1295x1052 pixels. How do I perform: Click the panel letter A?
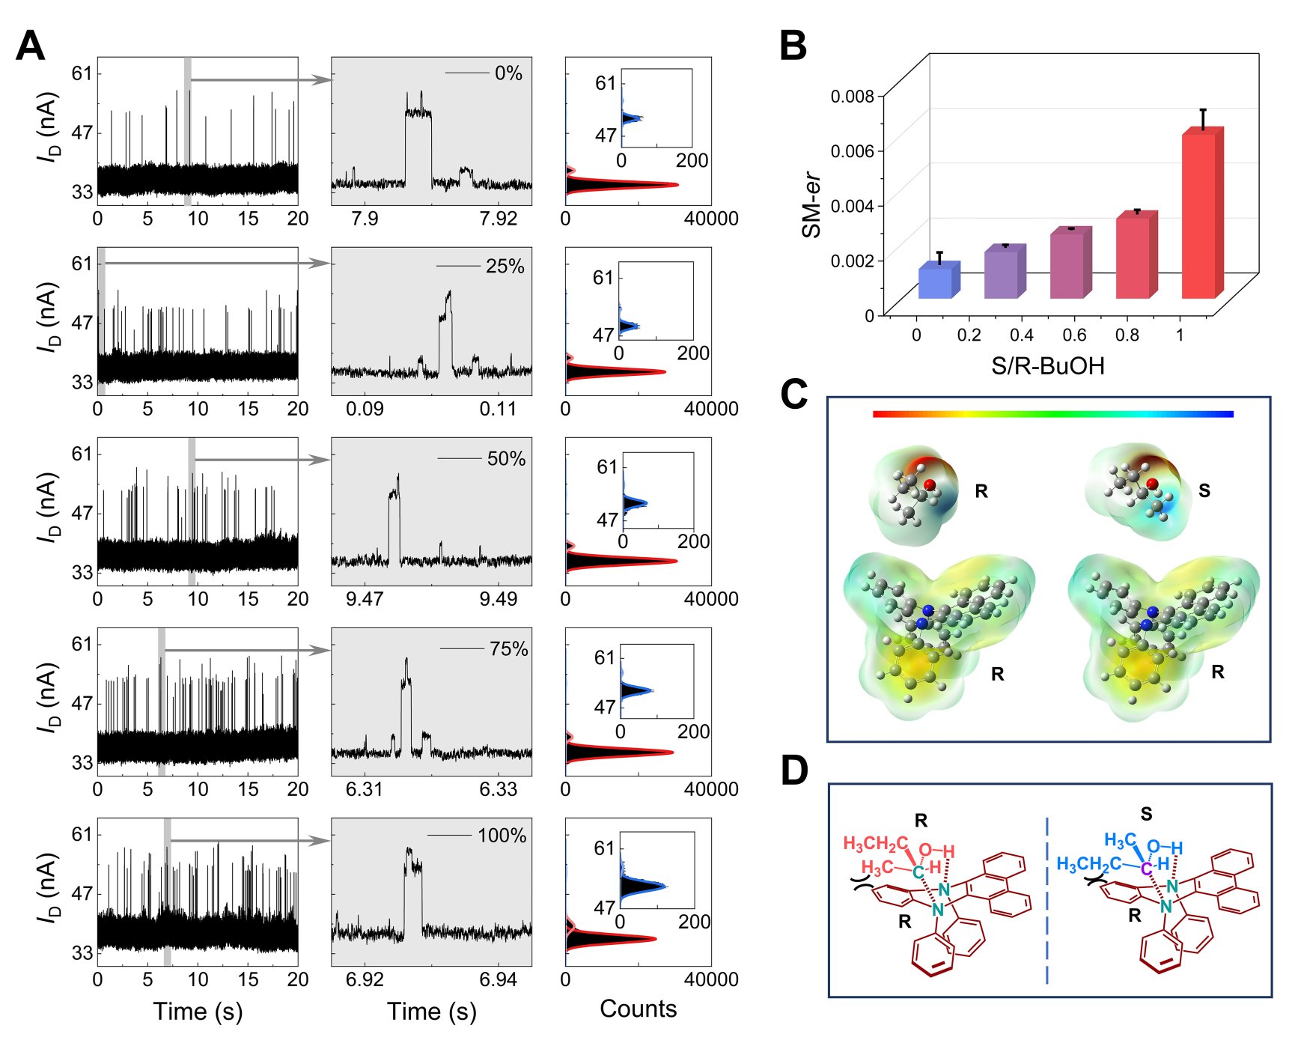click(31, 46)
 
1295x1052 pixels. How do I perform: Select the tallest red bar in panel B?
click(1199, 217)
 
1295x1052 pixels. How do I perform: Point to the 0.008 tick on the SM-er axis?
click(852, 96)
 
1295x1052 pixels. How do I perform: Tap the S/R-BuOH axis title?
click(1047, 365)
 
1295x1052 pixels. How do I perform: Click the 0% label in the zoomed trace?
click(508, 73)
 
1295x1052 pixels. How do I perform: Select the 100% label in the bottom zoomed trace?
click(502, 836)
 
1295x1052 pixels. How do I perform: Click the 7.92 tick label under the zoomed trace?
click(499, 219)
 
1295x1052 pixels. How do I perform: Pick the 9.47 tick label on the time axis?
click(365, 599)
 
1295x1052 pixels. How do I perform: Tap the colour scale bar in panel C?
click(1052, 413)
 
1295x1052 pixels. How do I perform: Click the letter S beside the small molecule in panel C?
click(1204, 490)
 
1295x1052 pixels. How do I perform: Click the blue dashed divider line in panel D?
click(1046, 899)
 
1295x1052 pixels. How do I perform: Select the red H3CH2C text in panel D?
click(875, 845)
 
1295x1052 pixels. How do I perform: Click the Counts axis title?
click(638, 1009)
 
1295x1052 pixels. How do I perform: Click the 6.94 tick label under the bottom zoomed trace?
click(499, 979)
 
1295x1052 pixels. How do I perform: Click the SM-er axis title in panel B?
click(812, 206)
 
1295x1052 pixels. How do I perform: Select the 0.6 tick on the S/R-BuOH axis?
click(1074, 335)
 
